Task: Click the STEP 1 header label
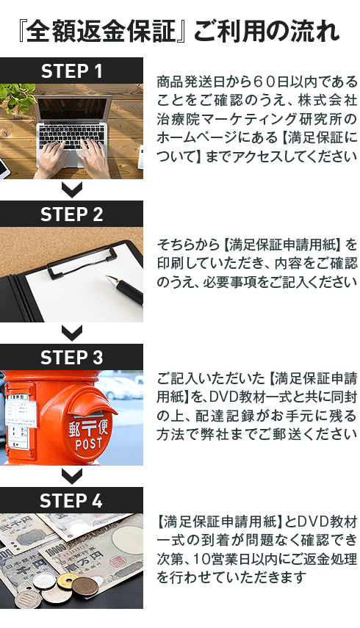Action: (x=72, y=71)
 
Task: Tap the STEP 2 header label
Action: (x=72, y=214)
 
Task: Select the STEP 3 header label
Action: (x=72, y=358)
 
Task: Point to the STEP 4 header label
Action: (x=72, y=501)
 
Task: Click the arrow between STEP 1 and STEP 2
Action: (x=72, y=189)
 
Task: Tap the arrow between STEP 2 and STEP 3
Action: (x=72, y=333)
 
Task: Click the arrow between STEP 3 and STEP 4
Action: (x=72, y=476)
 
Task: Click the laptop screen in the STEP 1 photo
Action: (x=74, y=109)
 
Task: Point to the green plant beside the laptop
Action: (x=15, y=98)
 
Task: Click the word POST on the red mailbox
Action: (x=89, y=444)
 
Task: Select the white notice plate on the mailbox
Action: (x=19, y=421)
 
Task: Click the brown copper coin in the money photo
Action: (x=85, y=585)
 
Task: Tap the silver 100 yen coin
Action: (x=28, y=599)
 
